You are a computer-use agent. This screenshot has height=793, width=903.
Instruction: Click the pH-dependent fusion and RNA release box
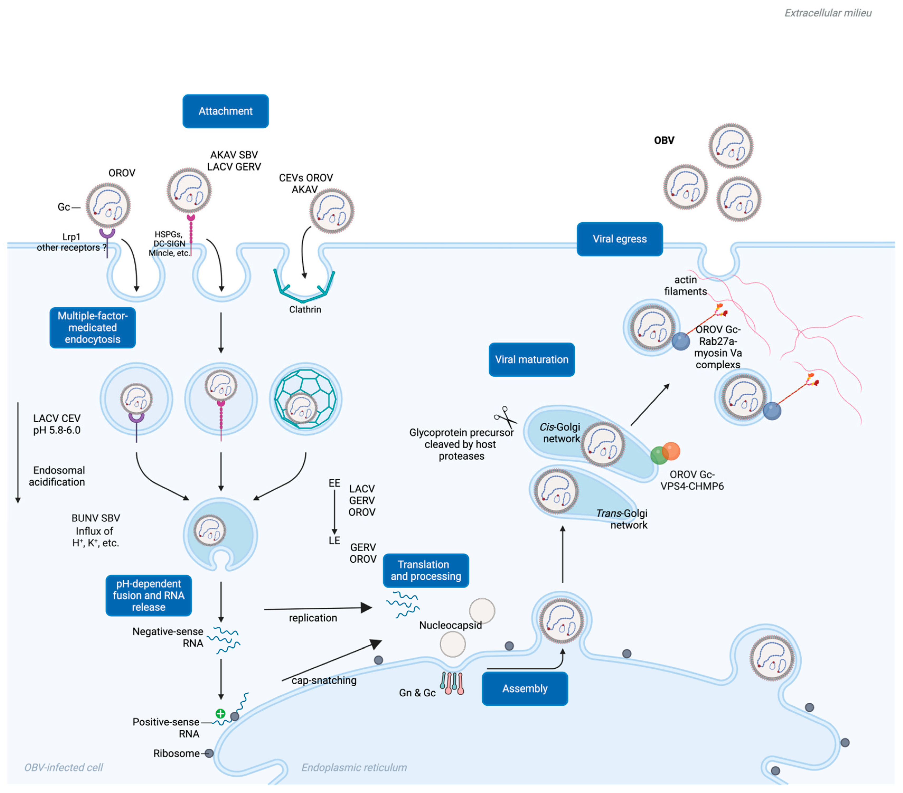tap(148, 595)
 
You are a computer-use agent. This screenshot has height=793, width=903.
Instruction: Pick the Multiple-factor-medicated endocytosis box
tap(92, 327)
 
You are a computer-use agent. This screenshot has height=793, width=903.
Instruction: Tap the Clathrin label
tap(305, 309)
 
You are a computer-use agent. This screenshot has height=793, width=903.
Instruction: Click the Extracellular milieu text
tap(827, 13)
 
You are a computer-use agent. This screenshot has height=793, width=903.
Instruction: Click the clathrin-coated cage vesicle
tap(305, 399)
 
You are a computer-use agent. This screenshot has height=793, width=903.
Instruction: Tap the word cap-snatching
tap(324, 680)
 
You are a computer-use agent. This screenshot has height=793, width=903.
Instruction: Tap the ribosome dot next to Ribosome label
tap(209, 753)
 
